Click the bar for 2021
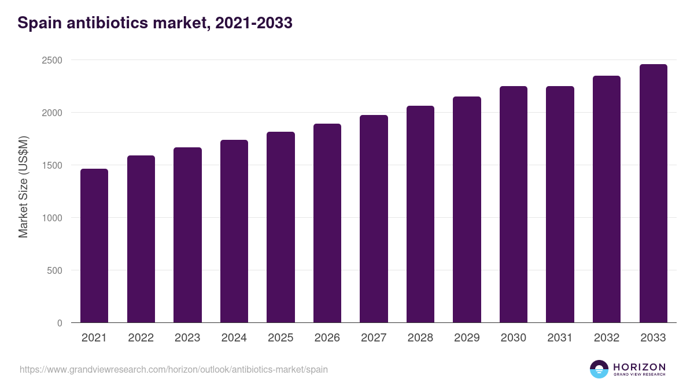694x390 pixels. (x=94, y=246)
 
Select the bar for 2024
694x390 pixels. (x=234, y=231)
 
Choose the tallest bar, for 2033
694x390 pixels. (x=653, y=194)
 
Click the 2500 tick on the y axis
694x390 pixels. (x=51, y=60)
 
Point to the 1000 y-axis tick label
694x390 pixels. (x=51, y=218)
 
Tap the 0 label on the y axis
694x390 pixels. (x=60, y=323)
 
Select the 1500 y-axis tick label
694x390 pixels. (x=51, y=165)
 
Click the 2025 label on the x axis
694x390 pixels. (x=280, y=338)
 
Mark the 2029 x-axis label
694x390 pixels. (x=467, y=338)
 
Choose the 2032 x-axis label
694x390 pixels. (x=607, y=338)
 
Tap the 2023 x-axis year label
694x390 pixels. (x=187, y=338)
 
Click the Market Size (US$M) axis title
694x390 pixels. (x=23, y=186)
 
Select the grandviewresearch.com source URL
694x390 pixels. (x=173, y=369)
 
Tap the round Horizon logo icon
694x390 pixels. (x=599, y=369)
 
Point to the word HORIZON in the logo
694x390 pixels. (x=639, y=367)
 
